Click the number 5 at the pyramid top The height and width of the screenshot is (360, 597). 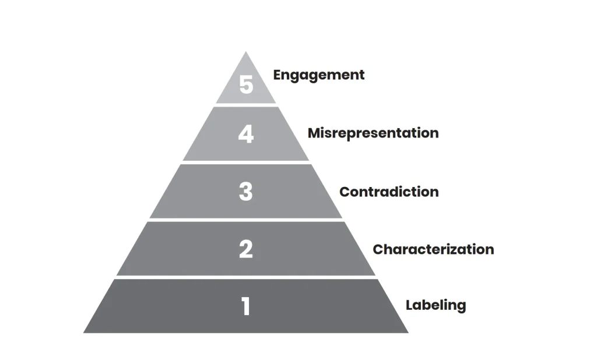point(246,85)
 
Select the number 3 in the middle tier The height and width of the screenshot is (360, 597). point(246,192)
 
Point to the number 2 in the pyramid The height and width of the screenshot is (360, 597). point(246,249)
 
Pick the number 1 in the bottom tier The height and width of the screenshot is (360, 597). point(246,306)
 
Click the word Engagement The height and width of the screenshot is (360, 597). point(319,75)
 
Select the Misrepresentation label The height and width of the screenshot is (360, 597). point(373,133)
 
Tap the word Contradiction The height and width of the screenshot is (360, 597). point(389,192)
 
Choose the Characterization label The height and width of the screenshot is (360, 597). point(433,249)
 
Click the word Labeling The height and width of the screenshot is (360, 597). point(436,305)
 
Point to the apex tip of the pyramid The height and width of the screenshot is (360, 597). point(245,53)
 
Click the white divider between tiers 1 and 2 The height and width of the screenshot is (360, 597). point(246,277)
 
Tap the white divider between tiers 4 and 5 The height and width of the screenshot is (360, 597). point(246,105)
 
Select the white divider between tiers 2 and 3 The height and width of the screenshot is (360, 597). point(246,220)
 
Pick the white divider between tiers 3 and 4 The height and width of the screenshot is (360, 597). point(246,162)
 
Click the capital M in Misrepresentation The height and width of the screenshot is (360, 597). point(314,133)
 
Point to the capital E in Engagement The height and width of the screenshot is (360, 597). point(278,75)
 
